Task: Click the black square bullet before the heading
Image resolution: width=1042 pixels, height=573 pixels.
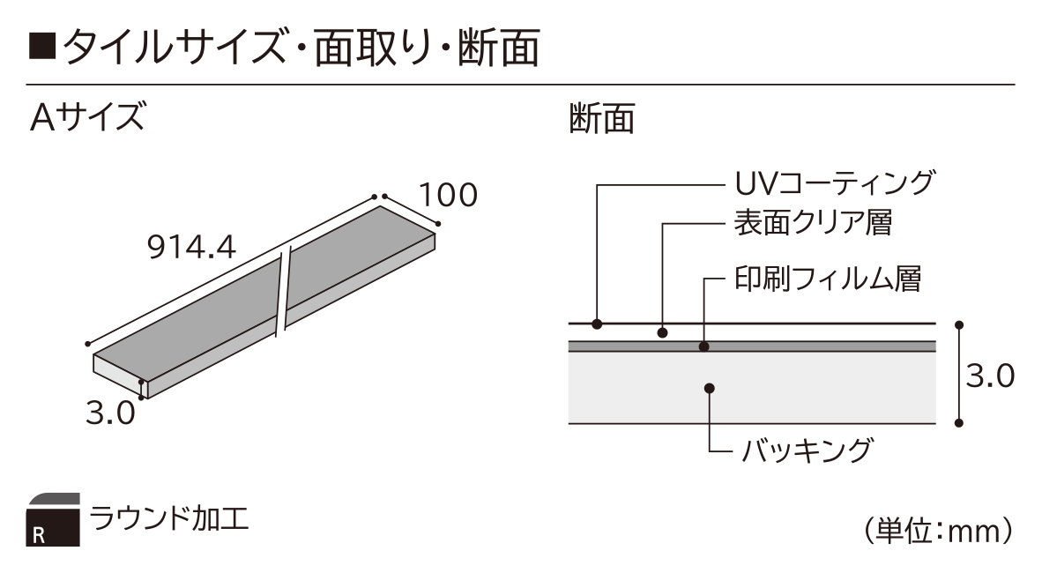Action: click(x=41, y=48)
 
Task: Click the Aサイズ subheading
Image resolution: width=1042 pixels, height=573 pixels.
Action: click(x=87, y=117)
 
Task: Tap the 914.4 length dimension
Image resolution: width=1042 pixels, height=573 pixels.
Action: click(x=191, y=248)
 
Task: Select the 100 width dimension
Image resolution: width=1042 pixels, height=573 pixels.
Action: click(x=448, y=195)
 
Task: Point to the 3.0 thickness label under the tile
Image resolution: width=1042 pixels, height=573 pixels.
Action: click(x=110, y=413)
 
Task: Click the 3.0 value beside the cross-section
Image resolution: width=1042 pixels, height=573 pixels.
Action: click(x=989, y=376)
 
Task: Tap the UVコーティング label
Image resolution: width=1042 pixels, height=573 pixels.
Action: click(x=835, y=182)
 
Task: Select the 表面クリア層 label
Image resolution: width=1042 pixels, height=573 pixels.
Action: click(x=813, y=223)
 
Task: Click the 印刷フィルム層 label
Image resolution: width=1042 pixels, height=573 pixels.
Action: click(x=828, y=279)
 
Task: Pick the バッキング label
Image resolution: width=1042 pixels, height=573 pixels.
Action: click(x=806, y=450)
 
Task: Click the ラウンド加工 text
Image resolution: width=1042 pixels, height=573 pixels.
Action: click(x=168, y=518)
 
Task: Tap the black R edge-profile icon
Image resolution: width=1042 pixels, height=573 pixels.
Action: click(x=53, y=520)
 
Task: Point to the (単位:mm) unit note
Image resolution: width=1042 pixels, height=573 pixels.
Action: click(x=938, y=531)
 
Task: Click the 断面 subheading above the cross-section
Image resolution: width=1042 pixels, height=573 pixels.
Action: click(x=602, y=118)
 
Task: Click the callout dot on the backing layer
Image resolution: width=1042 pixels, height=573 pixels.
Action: click(x=710, y=388)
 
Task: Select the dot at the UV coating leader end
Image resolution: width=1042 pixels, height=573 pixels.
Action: click(x=597, y=324)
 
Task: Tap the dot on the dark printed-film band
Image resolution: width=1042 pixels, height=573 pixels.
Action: click(x=704, y=346)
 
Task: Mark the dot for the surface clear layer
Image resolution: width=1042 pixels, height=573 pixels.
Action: click(x=663, y=332)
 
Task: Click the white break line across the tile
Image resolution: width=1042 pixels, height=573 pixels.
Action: click(x=284, y=291)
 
